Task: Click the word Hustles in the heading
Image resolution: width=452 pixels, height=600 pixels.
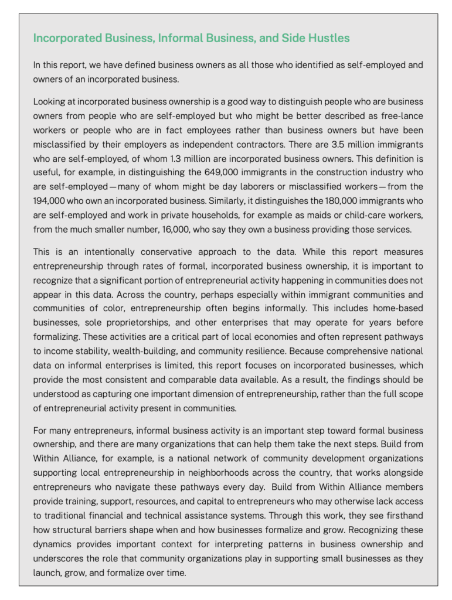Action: click(328, 38)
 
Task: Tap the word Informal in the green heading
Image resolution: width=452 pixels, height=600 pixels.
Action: click(186, 38)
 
